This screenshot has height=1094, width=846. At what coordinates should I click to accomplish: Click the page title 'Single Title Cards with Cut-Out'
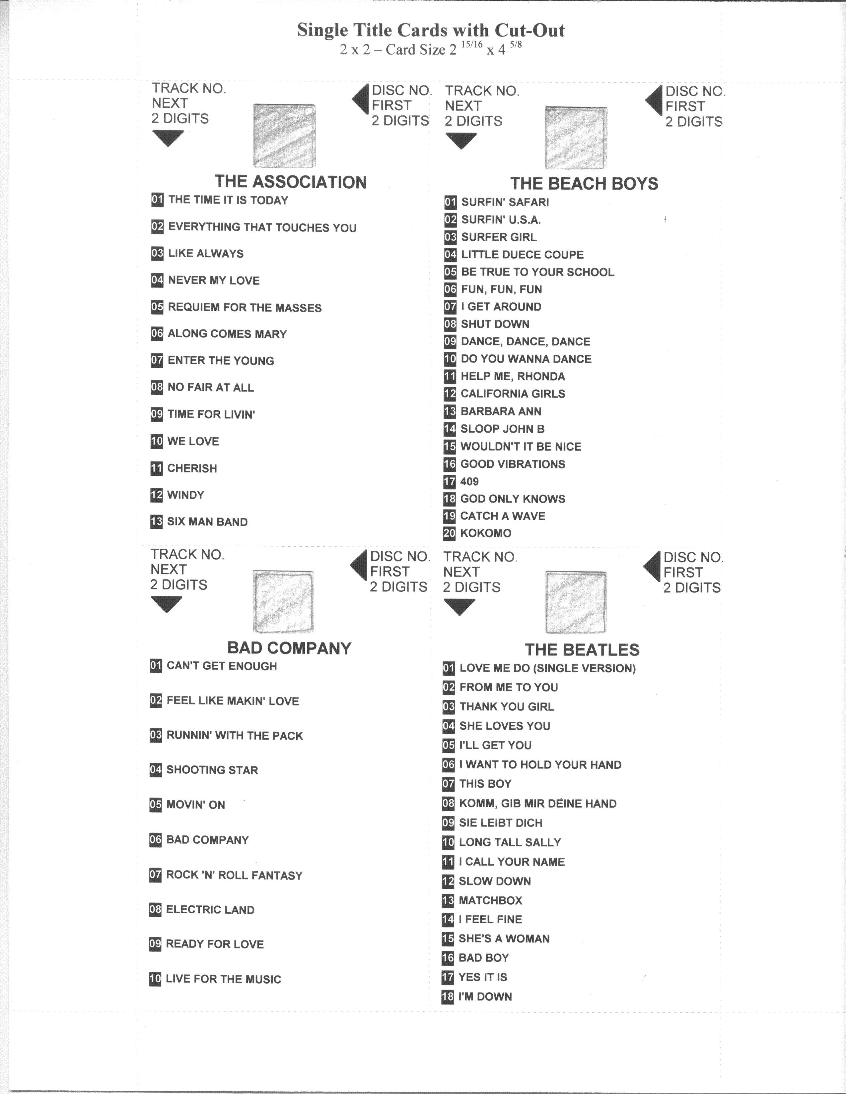pyautogui.click(x=431, y=30)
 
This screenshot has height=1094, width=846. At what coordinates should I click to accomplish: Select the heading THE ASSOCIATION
pyautogui.click(x=291, y=182)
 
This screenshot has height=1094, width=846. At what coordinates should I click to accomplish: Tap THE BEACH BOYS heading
pyautogui.click(x=584, y=184)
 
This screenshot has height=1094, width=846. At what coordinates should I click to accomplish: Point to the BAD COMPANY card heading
pyautogui.click(x=289, y=648)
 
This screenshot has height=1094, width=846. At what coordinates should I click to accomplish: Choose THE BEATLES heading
pyautogui.click(x=582, y=650)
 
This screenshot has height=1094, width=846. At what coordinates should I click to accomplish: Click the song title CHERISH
pyautogui.click(x=192, y=468)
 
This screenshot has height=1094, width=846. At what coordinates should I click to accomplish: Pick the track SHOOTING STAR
pyautogui.click(x=212, y=770)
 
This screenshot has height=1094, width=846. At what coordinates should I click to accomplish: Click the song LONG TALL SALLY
pyautogui.click(x=510, y=842)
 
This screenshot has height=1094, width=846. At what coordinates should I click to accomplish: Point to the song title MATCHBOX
pyautogui.click(x=490, y=900)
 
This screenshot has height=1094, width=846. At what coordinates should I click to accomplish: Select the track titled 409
pyautogui.click(x=469, y=481)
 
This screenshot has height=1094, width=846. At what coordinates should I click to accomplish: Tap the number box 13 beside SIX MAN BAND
pyautogui.click(x=156, y=521)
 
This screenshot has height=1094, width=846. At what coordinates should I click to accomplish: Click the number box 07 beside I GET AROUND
pyautogui.click(x=450, y=307)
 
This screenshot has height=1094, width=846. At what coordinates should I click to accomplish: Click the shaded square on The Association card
pyautogui.click(x=285, y=135)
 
